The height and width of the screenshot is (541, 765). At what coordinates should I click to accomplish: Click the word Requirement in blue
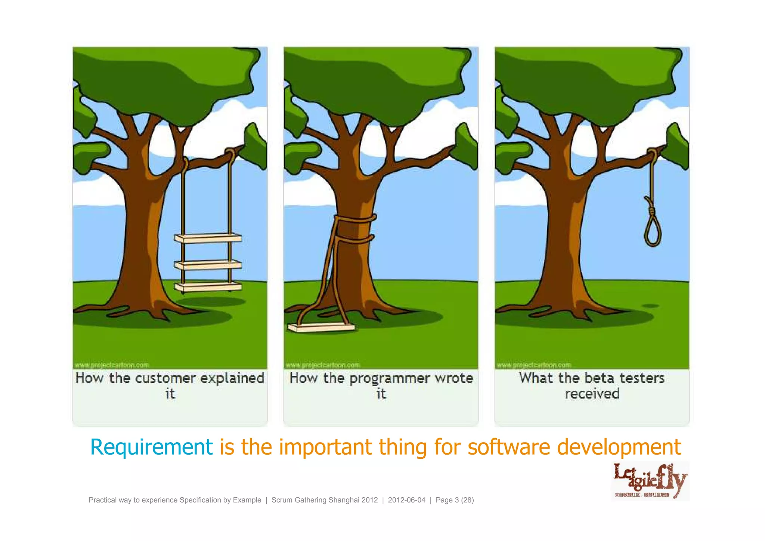151,447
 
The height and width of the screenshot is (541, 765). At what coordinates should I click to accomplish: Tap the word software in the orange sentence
509,447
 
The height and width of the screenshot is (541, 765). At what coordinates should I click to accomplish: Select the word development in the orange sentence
619,447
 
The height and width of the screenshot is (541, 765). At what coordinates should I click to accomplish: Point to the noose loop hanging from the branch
653,232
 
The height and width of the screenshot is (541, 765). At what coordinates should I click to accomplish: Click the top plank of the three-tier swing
208,238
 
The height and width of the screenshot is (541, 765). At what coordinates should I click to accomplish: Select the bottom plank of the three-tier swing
208,287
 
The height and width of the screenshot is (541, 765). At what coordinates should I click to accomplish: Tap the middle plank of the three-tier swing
208,265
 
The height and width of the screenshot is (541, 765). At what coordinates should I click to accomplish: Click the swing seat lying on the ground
321,328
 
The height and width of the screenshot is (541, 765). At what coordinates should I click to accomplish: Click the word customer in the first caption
165,378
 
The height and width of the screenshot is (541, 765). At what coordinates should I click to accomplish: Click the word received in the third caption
592,394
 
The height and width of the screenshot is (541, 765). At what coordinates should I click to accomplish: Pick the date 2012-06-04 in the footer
406,500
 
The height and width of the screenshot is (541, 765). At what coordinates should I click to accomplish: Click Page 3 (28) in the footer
455,500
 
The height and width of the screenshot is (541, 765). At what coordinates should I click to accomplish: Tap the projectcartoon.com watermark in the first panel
112,365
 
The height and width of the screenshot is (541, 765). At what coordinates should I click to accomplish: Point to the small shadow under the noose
650,306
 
